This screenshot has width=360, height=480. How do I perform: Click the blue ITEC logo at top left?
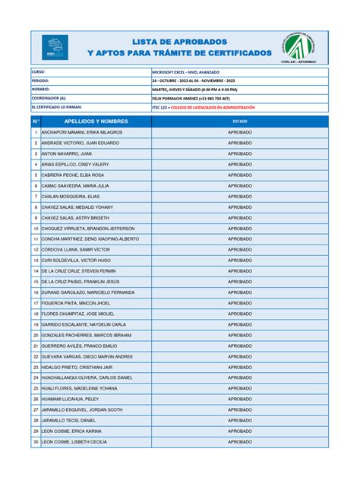click(55, 47)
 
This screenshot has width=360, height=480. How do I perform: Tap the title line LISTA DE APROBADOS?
click(179, 41)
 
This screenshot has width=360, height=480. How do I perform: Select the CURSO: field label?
click(39, 71)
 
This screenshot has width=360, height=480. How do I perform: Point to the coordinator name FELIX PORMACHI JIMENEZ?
click(191, 99)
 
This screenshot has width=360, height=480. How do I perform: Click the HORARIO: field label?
click(41, 90)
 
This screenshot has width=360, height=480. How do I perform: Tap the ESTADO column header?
click(240, 122)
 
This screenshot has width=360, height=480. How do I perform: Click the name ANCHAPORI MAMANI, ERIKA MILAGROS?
click(81, 132)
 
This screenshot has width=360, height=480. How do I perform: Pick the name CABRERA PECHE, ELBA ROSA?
click(73, 175)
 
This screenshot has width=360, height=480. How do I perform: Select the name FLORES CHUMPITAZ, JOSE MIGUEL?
click(77, 314)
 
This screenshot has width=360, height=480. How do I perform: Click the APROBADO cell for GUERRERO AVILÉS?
click(240, 346)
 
